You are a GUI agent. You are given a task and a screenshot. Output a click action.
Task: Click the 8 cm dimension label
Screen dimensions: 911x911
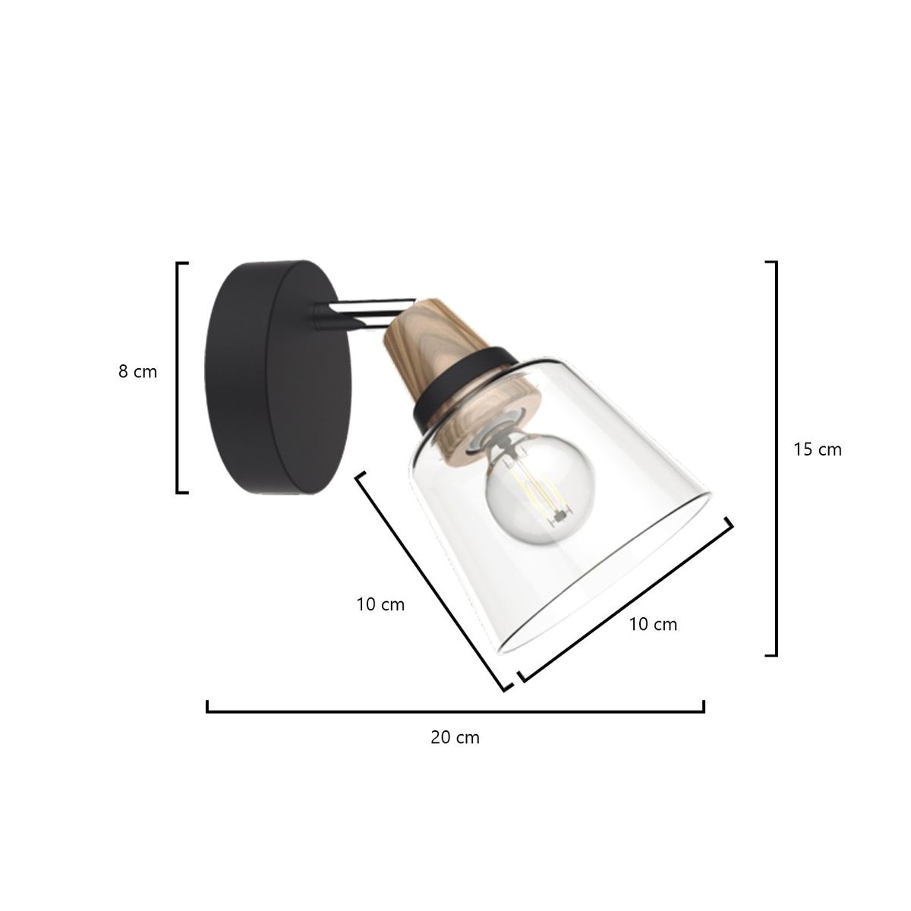point(137,372)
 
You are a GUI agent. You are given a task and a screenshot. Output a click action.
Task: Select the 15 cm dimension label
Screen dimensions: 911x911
point(818,449)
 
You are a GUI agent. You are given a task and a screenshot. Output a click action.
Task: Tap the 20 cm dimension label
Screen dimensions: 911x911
point(455,737)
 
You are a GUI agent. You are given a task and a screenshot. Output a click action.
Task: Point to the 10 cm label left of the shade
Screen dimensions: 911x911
point(380,604)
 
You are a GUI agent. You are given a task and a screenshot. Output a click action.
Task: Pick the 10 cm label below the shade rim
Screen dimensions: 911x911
point(653,625)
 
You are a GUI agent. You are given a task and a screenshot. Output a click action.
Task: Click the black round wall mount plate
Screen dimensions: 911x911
point(278,377)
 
